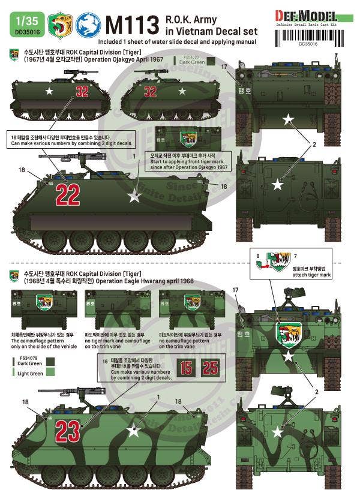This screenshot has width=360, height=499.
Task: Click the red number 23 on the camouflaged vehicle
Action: pos(67,428)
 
